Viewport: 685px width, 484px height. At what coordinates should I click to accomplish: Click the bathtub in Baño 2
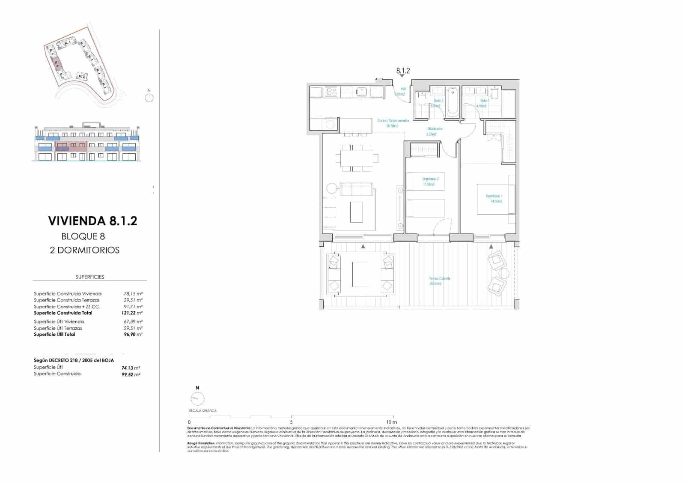[452, 102]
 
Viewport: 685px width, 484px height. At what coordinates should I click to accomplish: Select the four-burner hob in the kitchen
[331, 91]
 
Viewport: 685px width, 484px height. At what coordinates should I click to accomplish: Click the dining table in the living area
[357, 158]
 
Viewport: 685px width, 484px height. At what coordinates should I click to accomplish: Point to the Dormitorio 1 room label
[494, 198]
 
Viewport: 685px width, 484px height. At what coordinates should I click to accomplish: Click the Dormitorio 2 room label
[430, 181]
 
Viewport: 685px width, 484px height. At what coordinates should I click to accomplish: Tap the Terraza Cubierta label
[440, 281]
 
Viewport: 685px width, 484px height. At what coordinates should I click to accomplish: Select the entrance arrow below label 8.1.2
[402, 76]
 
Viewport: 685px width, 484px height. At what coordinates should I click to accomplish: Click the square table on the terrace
[360, 275]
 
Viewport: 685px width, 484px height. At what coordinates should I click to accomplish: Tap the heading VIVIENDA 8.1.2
[92, 221]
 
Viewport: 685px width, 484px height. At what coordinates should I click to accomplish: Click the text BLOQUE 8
[83, 236]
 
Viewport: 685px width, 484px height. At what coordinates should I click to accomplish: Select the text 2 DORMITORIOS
[84, 250]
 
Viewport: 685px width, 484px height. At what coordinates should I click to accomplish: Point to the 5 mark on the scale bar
[291, 422]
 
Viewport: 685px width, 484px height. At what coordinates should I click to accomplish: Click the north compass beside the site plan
[149, 98]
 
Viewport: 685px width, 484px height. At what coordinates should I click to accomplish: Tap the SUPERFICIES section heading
[90, 277]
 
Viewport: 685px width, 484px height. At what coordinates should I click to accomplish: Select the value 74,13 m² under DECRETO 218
[131, 368]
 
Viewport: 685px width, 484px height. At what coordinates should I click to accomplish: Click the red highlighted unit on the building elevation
[71, 147]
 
